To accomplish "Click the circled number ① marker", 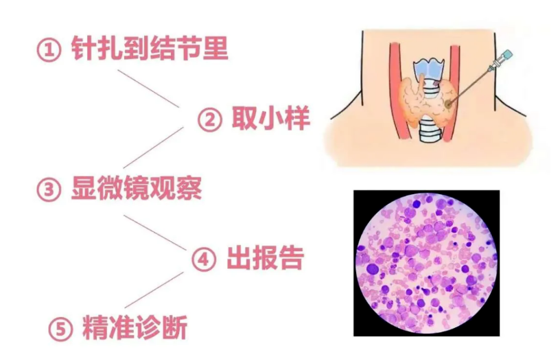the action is (x=49, y=50).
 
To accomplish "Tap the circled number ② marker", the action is (x=209, y=119).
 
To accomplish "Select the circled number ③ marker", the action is (x=49, y=189).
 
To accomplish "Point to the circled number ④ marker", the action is (x=204, y=259).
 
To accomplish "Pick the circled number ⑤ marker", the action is (x=60, y=329).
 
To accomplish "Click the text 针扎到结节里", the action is (x=150, y=48).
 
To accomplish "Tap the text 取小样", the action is (x=270, y=118).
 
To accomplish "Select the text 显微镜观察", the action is (x=137, y=188).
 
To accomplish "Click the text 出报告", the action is (x=266, y=257).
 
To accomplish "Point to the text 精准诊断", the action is (x=135, y=327).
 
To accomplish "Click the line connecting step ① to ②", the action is (x=148, y=89).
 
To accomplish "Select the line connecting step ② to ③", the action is (x=153, y=148).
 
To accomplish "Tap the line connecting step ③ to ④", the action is (x=155, y=233).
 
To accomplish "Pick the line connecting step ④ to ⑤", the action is (x=154, y=290).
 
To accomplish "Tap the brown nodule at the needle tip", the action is (x=448, y=104).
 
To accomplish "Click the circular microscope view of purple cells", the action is (x=426, y=263).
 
